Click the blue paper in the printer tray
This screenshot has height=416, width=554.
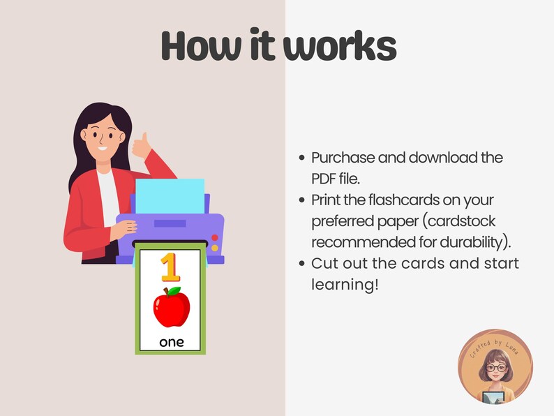(x=170, y=195)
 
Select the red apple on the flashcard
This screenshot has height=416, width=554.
(x=171, y=308)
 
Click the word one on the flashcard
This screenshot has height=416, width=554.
(x=171, y=342)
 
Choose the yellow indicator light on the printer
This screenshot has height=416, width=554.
(x=214, y=248)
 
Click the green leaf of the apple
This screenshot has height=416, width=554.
(x=174, y=290)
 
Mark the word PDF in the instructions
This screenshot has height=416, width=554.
(x=324, y=178)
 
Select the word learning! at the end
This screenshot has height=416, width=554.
(x=343, y=285)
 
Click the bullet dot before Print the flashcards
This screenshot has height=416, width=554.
(x=301, y=200)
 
